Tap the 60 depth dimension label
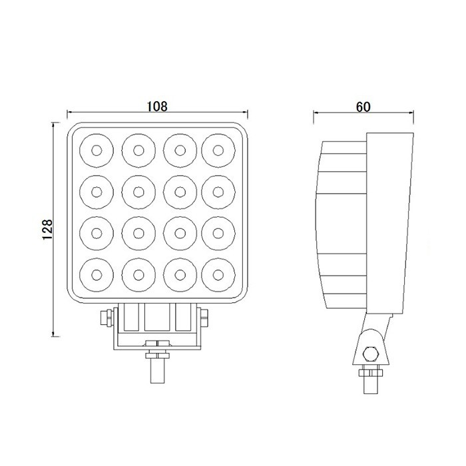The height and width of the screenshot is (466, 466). (363, 106)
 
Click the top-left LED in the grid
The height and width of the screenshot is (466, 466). (97, 150)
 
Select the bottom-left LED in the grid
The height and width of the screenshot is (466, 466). (97, 274)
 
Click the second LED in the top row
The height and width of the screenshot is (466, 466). (138, 150)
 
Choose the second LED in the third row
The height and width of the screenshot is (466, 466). (138, 233)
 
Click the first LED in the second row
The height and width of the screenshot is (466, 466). (97, 192)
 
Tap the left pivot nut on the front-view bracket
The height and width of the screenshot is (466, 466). (106, 318)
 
